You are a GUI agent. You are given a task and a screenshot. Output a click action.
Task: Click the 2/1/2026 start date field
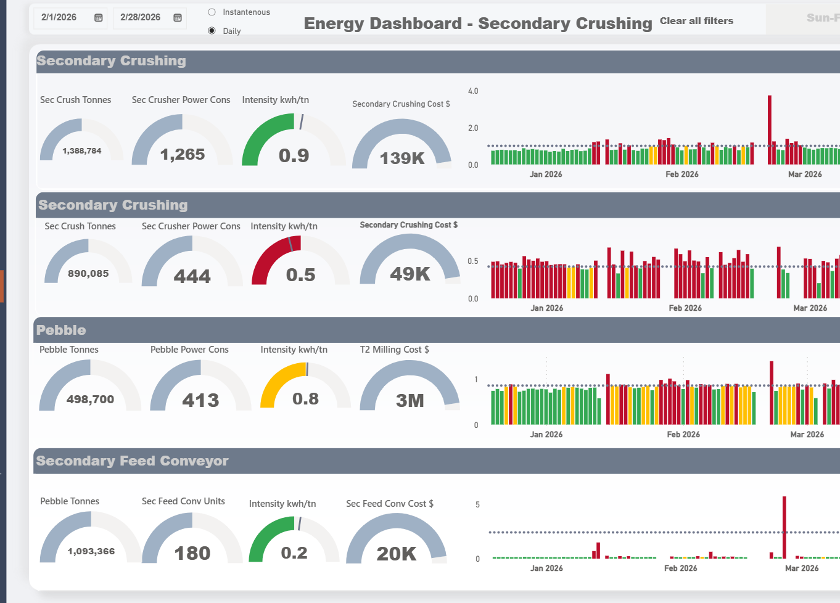[59, 17]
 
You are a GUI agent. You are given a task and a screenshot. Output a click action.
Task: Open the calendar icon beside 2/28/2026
[178, 18]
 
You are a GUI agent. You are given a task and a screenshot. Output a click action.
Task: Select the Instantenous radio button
[212, 12]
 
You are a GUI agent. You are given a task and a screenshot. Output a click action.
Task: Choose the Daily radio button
[212, 31]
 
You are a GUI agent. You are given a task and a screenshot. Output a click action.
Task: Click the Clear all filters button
[696, 21]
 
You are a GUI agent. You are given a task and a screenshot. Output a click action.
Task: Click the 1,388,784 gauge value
[82, 151]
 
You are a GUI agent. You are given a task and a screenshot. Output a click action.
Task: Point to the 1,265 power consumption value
[183, 154]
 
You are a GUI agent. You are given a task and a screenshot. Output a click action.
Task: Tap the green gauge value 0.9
[294, 155]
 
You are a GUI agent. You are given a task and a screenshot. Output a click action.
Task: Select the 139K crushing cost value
[402, 158]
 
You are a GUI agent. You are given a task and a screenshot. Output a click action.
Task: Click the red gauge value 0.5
[300, 275]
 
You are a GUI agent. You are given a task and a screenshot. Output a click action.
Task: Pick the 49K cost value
[410, 274]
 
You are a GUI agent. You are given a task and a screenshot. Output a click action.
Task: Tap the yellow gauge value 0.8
[305, 399]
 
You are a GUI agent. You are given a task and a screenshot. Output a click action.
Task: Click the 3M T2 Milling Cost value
[410, 401]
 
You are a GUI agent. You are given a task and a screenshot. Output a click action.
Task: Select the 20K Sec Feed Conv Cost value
[397, 554]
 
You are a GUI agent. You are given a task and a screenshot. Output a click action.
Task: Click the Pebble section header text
[61, 330]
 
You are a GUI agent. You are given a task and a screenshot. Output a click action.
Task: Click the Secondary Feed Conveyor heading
[132, 461]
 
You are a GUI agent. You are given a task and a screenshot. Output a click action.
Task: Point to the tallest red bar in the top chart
[770, 129]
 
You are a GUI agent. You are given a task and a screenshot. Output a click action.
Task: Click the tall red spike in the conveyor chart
[784, 527]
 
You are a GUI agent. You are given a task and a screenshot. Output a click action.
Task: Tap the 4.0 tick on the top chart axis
[473, 91]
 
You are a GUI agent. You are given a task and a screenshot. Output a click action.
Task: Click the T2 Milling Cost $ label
[394, 350]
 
